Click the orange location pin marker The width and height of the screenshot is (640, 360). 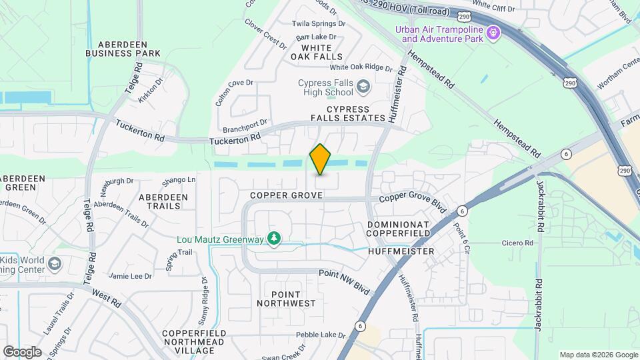click(x=321, y=159)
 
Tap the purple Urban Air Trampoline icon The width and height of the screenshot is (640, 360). click(x=493, y=31)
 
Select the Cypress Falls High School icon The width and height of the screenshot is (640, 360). click(x=363, y=87)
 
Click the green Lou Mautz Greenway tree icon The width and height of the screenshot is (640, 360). click(x=273, y=238)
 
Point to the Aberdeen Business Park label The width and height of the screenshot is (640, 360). click(x=123, y=48)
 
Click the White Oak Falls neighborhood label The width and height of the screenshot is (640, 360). click(x=316, y=52)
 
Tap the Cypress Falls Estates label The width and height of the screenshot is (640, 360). click(x=348, y=113)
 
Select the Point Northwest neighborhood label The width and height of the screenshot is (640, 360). click(x=286, y=299)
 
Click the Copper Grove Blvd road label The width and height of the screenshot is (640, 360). click(x=412, y=199)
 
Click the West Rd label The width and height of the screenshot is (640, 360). click(x=107, y=297)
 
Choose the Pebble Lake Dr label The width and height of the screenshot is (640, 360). click(x=321, y=335)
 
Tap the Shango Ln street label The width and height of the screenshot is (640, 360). click(x=179, y=179)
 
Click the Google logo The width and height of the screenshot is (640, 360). click(x=22, y=352)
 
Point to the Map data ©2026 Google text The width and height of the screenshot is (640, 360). click(x=597, y=355)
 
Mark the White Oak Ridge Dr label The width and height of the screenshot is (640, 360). click(x=361, y=67)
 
